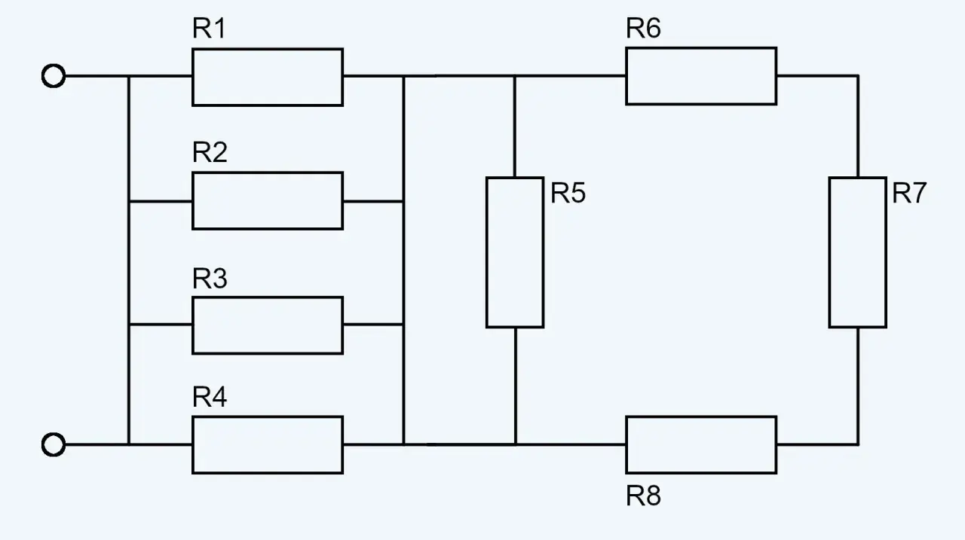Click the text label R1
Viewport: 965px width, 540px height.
click(209, 29)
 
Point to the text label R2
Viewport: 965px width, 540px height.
click(210, 152)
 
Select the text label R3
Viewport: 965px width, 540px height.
click(210, 278)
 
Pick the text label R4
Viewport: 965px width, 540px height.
click(210, 396)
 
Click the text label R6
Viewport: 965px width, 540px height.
click(643, 28)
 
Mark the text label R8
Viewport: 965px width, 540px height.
click(643, 496)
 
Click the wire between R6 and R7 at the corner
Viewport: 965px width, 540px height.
click(858, 76)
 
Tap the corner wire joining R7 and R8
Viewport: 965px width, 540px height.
click(858, 444)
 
